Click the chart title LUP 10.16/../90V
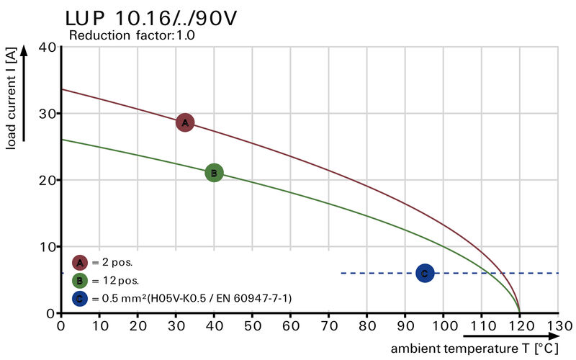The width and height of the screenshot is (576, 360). point(150,18)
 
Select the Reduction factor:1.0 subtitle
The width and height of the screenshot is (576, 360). point(132,35)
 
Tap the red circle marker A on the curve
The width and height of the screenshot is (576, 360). point(185,123)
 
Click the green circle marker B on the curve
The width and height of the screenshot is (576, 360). point(214,173)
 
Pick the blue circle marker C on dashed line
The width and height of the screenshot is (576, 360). point(425,273)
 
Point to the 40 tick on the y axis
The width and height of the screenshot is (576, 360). point(48,48)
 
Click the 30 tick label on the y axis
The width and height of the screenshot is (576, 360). point(48,114)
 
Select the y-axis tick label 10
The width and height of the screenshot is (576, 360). point(48,247)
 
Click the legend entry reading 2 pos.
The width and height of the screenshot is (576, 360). point(112,262)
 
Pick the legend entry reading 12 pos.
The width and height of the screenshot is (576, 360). point(115,280)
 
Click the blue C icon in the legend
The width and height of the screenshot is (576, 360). point(80,297)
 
